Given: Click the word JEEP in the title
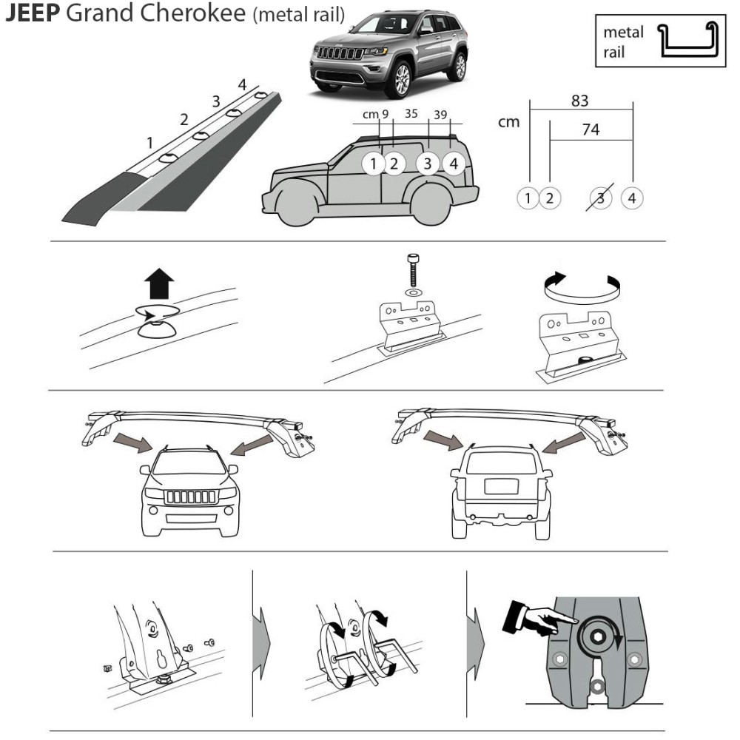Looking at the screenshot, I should point(32,14).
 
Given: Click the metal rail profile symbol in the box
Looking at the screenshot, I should point(687,41).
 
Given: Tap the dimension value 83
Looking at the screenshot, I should point(580,101).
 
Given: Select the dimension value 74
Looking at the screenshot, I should point(590,129).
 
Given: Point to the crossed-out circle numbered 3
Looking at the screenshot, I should point(601,198).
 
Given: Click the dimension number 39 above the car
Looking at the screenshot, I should point(440,114).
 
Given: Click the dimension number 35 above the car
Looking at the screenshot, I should point(411,114).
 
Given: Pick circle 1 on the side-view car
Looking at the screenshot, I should point(374,164).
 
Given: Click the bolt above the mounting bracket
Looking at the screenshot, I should point(412,271).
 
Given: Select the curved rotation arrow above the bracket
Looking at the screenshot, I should point(582,286).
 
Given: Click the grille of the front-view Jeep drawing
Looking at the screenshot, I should point(190,497).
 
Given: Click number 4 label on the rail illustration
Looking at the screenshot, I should point(242,84).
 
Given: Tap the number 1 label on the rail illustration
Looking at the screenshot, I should point(149,142).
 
